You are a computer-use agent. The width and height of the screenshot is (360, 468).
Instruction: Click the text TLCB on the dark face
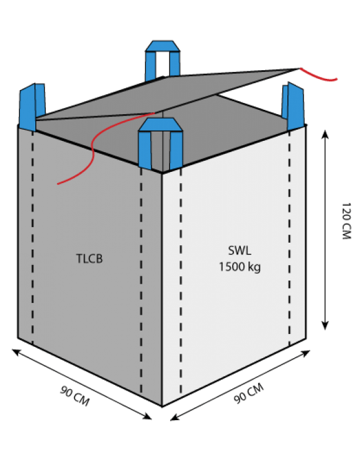coord(89,258)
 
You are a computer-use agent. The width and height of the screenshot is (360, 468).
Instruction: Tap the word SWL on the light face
coord(240,250)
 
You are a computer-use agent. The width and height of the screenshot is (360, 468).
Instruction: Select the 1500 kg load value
coord(240,266)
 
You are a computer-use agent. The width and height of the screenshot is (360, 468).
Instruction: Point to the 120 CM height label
coord(346,220)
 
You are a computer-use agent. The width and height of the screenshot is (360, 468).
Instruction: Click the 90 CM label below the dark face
coord(75,396)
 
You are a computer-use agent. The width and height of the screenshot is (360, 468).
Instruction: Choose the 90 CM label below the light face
coord(249,393)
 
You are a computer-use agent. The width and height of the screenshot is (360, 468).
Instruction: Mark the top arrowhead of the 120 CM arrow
coord(325,134)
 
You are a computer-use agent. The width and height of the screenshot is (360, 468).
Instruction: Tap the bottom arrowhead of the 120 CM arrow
coord(325,326)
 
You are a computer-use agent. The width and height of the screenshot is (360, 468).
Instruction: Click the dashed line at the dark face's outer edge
coord(32,238)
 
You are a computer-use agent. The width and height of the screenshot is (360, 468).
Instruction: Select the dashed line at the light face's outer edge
coord(289,238)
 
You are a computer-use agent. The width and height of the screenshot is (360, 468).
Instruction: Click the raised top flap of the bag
coord(167,96)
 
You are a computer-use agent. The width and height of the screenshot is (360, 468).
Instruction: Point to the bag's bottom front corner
coord(162,407)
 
